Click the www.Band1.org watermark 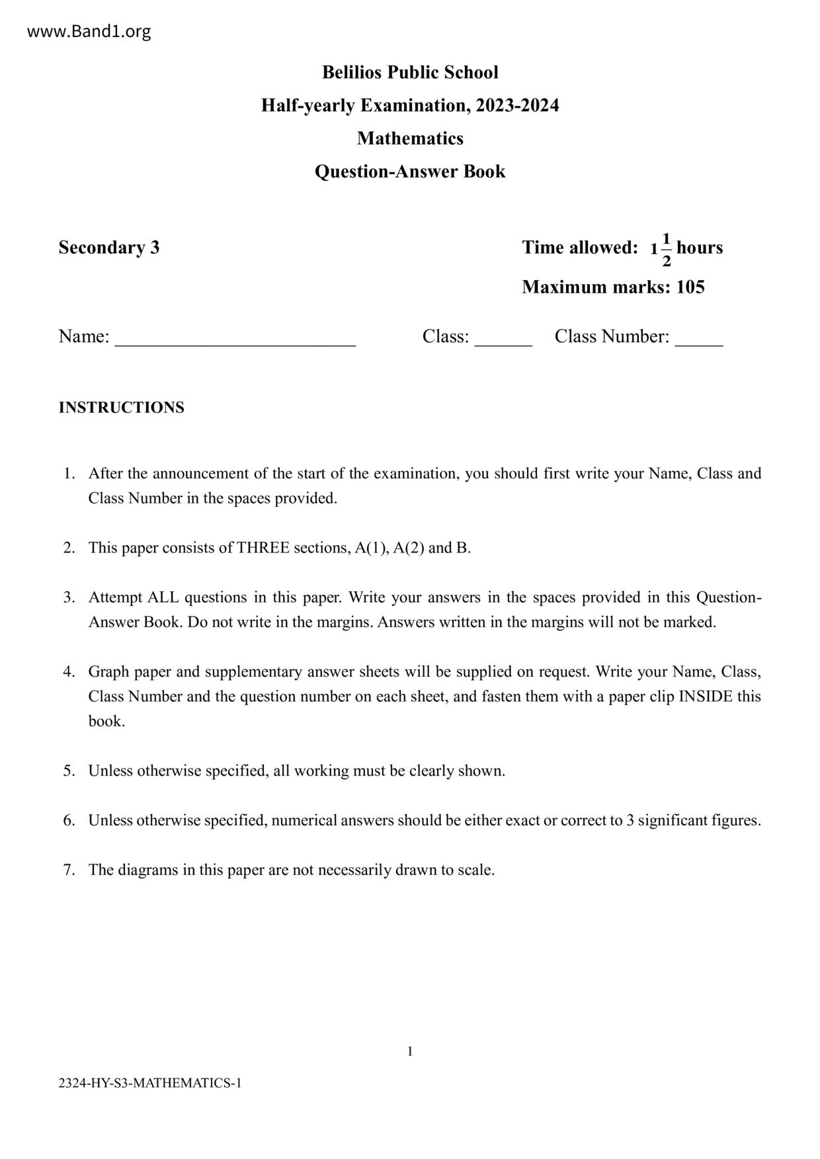click(x=89, y=31)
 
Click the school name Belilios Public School click(x=410, y=72)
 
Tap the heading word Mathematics click(x=410, y=138)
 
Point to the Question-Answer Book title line click(x=410, y=171)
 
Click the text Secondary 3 click(x=109, y=247)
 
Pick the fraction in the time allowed click(x=666, y=249)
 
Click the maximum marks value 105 click(x=690, y=287)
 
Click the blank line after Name click(x=235, y=338)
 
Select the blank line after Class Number click(x=699, y=338)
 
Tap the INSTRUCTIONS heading click(x=122, y=407)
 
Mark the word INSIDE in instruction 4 click(x=706, y=696)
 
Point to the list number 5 click(x=69, y=770)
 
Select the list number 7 click(x=69, y=870)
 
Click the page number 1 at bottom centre click(x=410, y=1051)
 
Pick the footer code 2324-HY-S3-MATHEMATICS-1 click(x=150, y=1083)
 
